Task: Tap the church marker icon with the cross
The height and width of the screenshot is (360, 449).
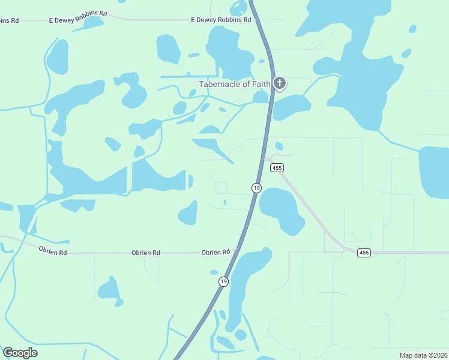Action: (279, 83)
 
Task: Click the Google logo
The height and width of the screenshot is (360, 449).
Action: (20, 353)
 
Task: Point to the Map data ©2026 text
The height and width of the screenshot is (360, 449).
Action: (423, 355)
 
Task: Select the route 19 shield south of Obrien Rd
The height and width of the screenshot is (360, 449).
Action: (223, 281)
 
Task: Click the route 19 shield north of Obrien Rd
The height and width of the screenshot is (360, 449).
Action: (256, 188)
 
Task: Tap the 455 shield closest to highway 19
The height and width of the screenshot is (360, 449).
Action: (276, 168)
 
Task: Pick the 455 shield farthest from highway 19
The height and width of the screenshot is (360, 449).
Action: (364, 253)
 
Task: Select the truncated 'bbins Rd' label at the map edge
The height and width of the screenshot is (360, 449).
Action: (10, 20)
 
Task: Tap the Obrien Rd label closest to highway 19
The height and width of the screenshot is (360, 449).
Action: (216, 253)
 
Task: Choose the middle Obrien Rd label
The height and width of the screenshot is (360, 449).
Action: (146, 253)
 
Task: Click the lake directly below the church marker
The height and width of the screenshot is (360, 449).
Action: (291, 107)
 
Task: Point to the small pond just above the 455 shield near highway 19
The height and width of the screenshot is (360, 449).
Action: (279, 146)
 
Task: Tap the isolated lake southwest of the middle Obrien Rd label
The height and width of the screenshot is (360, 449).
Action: (110, 290)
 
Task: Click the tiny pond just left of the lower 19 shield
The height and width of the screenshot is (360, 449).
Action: (214, 272)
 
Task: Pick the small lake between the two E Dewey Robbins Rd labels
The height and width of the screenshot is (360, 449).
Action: (93, 23)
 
